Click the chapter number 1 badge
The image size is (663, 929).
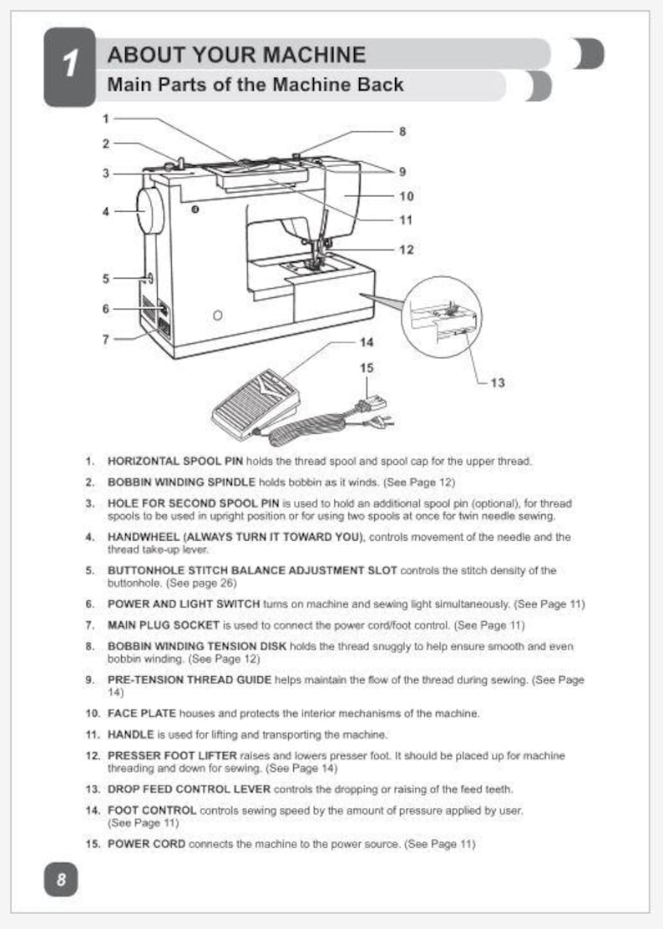pos(69,66)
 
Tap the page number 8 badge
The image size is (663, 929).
pos(61,879)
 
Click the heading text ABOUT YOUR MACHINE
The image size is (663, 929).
pos(236,55)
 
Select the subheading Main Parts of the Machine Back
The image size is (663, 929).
pos(256,84)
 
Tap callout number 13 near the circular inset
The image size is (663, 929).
pos(498,383)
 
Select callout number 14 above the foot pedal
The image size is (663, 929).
pos(367,342)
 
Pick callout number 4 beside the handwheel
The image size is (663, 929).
pos(106,212)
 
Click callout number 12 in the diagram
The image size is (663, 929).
pos(406,249)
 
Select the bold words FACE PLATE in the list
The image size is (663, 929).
pos(138,714)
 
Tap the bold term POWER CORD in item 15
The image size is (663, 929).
pos(147,844)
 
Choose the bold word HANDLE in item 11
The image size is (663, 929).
pos(130,735)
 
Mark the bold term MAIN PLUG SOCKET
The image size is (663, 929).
pos(163,624)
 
